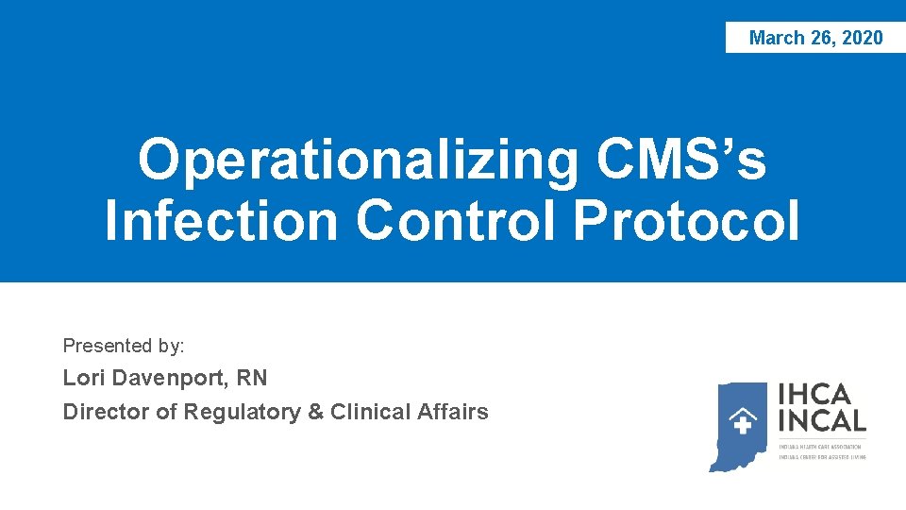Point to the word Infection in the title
[221, 220]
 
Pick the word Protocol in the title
[686, 220]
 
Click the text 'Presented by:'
[124, 346]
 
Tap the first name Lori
[83, 378]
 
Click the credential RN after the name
[252, 378]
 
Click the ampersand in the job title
[315, 412]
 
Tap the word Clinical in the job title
[371, 412]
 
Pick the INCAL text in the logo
[822, 421]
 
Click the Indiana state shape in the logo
[740, 425]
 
